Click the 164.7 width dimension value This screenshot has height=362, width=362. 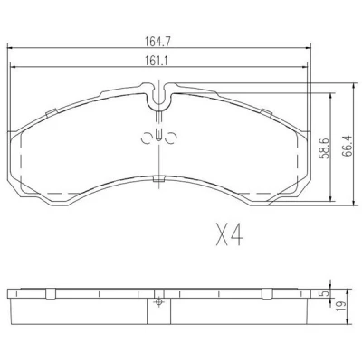(158, 42)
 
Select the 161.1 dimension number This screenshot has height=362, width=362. (156, 62)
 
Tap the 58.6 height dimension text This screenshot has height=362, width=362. (325, 148)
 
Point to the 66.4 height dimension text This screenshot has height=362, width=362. (348, 145)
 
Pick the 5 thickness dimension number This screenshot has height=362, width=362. (325, 293)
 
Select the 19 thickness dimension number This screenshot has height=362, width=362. (342, 307)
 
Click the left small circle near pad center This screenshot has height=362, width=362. (147, 138)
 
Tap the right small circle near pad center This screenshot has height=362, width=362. (171, 138)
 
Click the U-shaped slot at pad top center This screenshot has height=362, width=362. (159, 100)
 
